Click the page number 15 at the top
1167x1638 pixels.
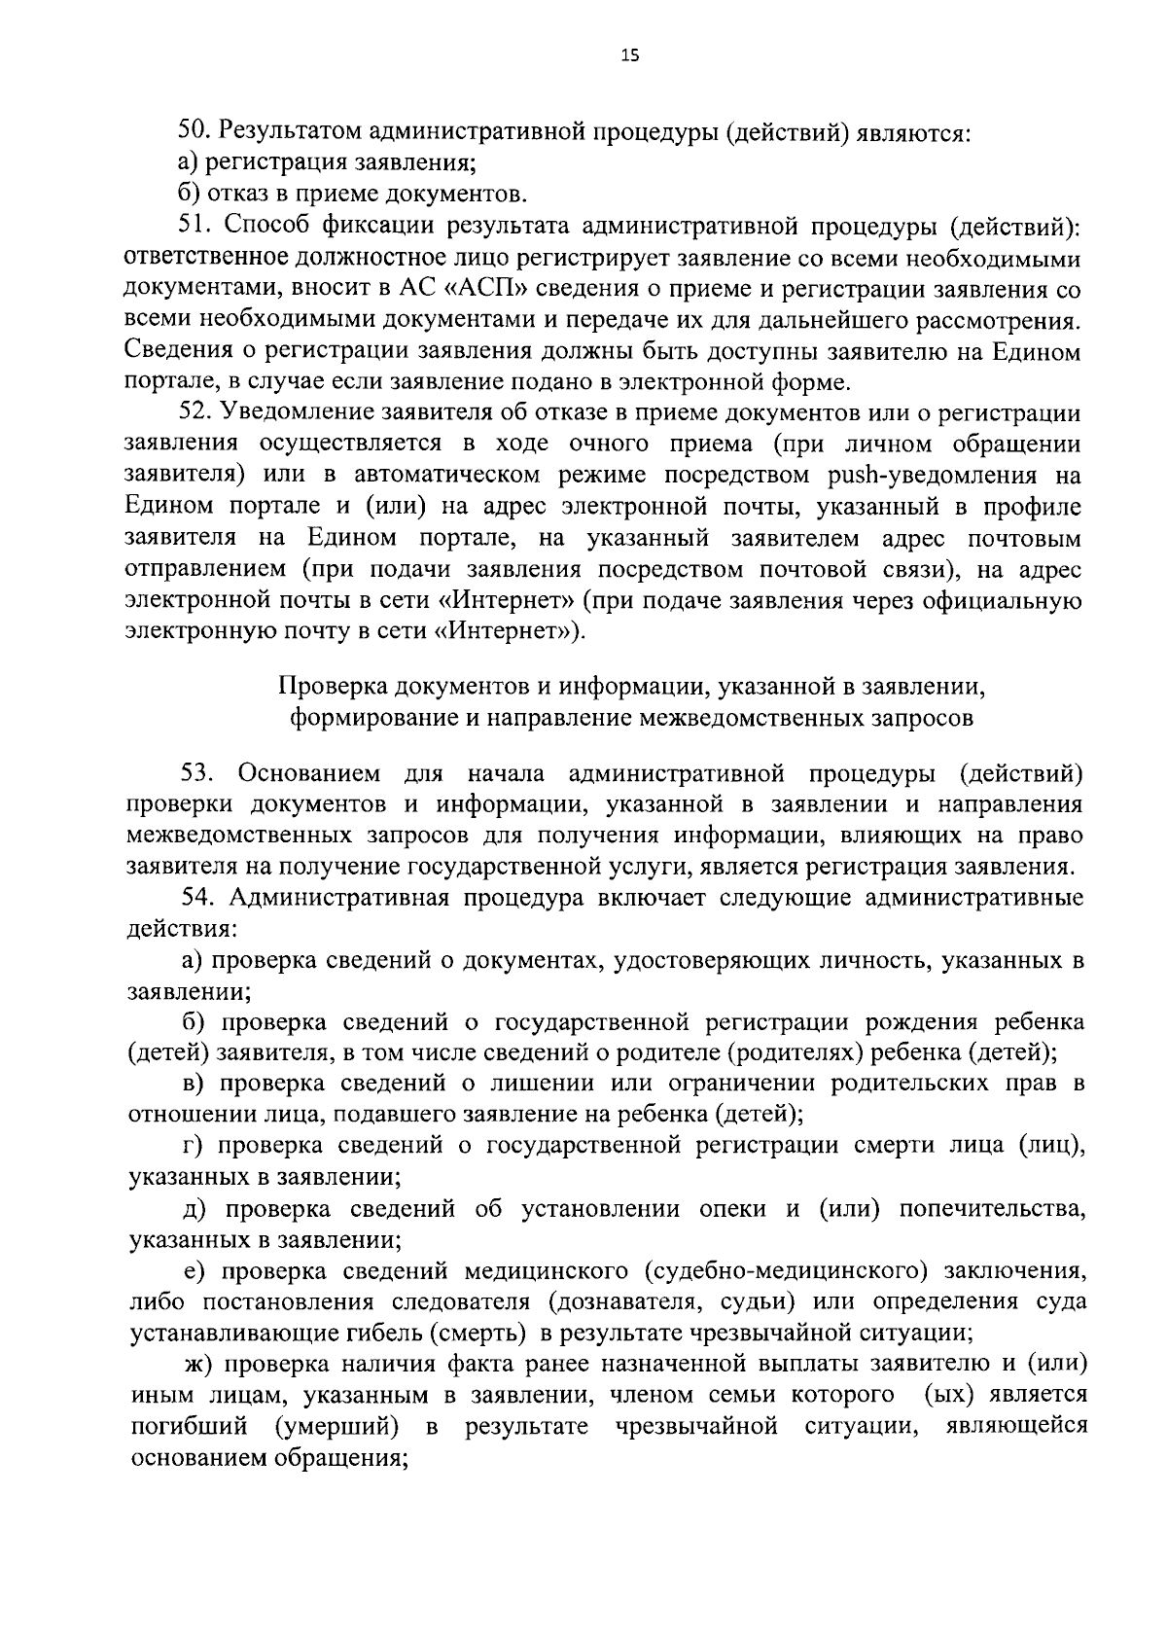pyautogui.click(x=629, y=56)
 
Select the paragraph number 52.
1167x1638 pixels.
pyautogui.click(x=194, y=413)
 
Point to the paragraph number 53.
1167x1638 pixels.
pyautogui.click(x=198, y=773)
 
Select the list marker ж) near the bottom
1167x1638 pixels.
pyautogui.click(x=198, y=1364)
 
